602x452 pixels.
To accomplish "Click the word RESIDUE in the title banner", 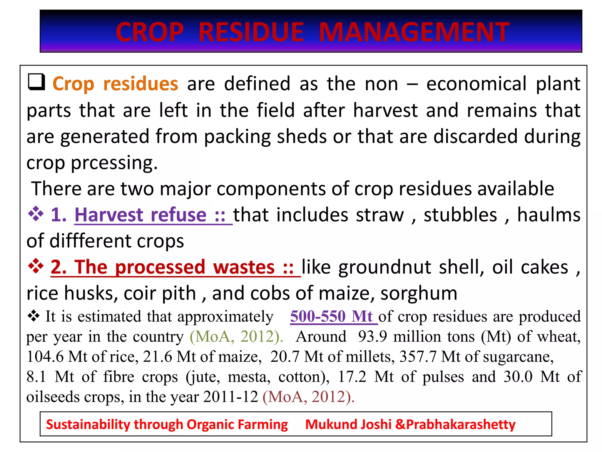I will (251, 32).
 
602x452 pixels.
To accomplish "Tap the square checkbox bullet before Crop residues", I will (36, 82).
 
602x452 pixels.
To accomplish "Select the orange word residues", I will (141, 84).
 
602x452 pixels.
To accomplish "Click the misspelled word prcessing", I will (114, 163).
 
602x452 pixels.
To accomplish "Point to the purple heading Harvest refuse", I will (141, 215).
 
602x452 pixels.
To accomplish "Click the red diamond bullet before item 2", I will (36, 266).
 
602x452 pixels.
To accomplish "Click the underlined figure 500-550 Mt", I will (332, 317).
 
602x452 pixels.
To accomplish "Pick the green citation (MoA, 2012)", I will (236, 336).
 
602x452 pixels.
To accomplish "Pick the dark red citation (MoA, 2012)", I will (308, 397).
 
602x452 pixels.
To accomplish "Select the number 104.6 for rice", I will (45, 357).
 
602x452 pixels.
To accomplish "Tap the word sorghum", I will (419, 294).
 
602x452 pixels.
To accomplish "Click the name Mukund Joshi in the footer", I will (348, 424).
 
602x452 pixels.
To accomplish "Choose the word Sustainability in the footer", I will (88, 424).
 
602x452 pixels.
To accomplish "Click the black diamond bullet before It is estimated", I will (34, 316).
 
